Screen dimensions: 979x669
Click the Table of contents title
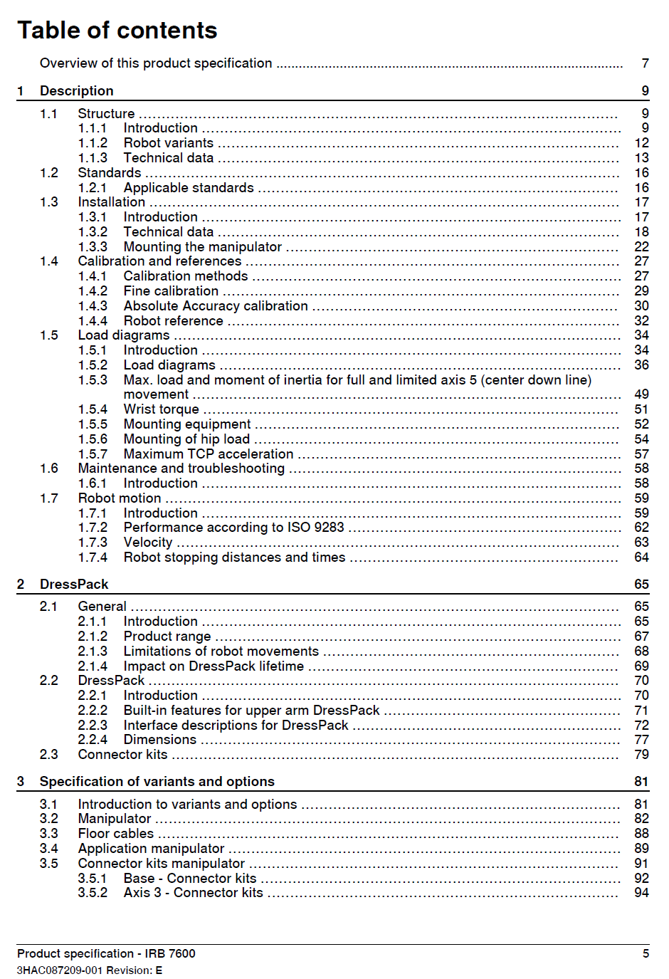[117, 31]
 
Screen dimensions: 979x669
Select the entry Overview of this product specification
[156, 63]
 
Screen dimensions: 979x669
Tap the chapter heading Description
[77, 91]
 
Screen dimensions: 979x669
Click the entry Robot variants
[168, 143]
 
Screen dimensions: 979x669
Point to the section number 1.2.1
[93, 188]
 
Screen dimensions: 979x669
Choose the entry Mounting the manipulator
[202, 247]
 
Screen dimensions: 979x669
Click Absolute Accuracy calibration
[216, 306]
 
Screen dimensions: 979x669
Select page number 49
[641, 394]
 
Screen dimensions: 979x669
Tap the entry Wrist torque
[161, 409]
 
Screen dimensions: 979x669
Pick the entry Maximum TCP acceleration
[208, 454]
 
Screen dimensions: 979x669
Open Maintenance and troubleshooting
[181, 468]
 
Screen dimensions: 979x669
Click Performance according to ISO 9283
[233, 528]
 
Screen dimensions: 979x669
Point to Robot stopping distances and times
[234, 557]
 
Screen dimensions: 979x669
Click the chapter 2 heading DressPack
[74, 585]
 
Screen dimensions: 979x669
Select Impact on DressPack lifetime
[214, 666]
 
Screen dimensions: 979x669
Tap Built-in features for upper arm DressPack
[251, 711]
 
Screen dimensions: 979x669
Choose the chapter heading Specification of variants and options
[157, 782]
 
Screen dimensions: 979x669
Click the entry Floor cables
[115, 834]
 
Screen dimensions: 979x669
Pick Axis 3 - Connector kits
[193, 893]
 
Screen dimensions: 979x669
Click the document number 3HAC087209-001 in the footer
[60, 970]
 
